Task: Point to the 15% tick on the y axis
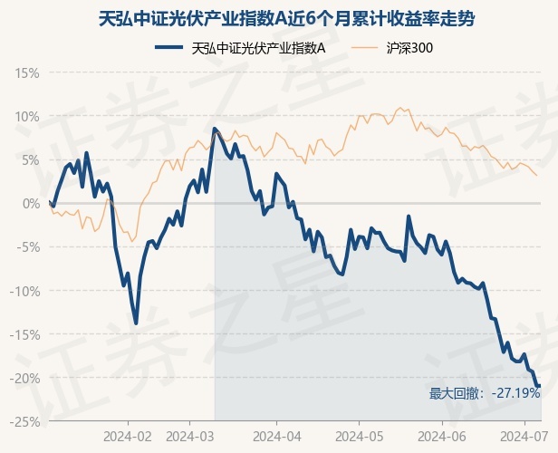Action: tap(27, 72)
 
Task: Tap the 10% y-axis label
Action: tap(27, 116)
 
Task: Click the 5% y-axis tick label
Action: tap(30, 159)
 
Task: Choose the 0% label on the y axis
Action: tap(30, 203)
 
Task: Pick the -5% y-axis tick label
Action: tap(28, 246)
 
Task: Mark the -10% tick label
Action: tap(25, 291)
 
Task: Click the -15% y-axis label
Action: tap(25, 334)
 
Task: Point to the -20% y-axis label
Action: tap(25, 378)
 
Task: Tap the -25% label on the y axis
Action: tap(25, 421)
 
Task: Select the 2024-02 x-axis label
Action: tap(128, 436)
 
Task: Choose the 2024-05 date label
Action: tap(358, 436)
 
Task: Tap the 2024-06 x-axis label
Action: tap(442, 436)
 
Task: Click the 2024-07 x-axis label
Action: tap(523, 436)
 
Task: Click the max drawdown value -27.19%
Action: tap(515, 394)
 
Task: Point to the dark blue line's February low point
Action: tap(136, 323)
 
